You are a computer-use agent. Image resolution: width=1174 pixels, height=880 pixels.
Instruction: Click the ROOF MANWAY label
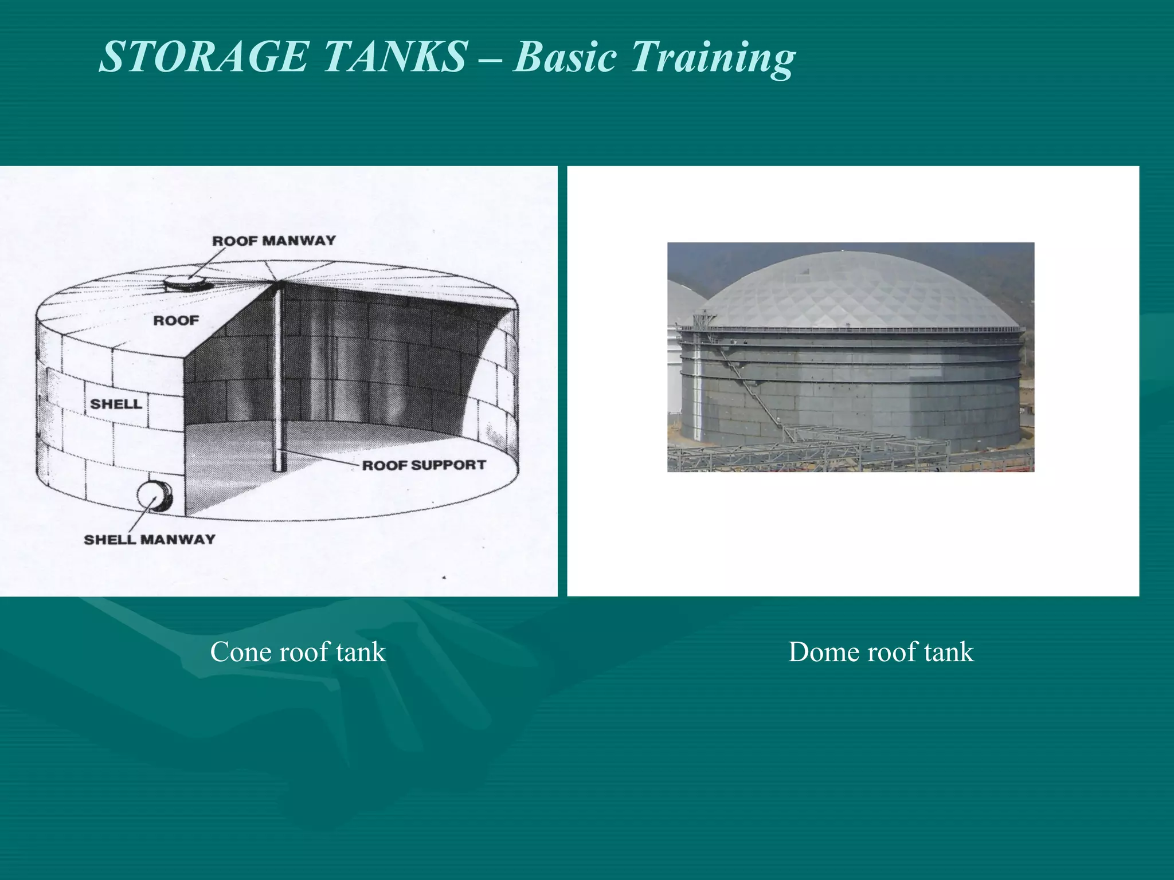pyautogui.click(x=274, y=241)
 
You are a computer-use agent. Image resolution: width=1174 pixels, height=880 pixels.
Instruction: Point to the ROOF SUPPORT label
pyautogui.click(x=424, y=465)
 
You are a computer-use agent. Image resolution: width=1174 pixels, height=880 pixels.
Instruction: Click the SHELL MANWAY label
pyautogui.click(x=150, y=539)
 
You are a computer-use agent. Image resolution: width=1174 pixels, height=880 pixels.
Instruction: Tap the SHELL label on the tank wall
pyautogui.click(x=116, y=404)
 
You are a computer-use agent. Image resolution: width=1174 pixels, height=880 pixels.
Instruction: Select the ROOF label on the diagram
pyautogui.click(x=176, y=320)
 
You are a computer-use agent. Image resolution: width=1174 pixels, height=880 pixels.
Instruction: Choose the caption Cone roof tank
pyautogui.click(x=298, y=652)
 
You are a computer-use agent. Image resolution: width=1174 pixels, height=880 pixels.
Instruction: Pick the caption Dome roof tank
pyautogui.click(x=880, y=652)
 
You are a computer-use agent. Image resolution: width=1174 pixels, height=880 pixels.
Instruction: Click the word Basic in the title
pyautogui.click(x=565, y=57)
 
